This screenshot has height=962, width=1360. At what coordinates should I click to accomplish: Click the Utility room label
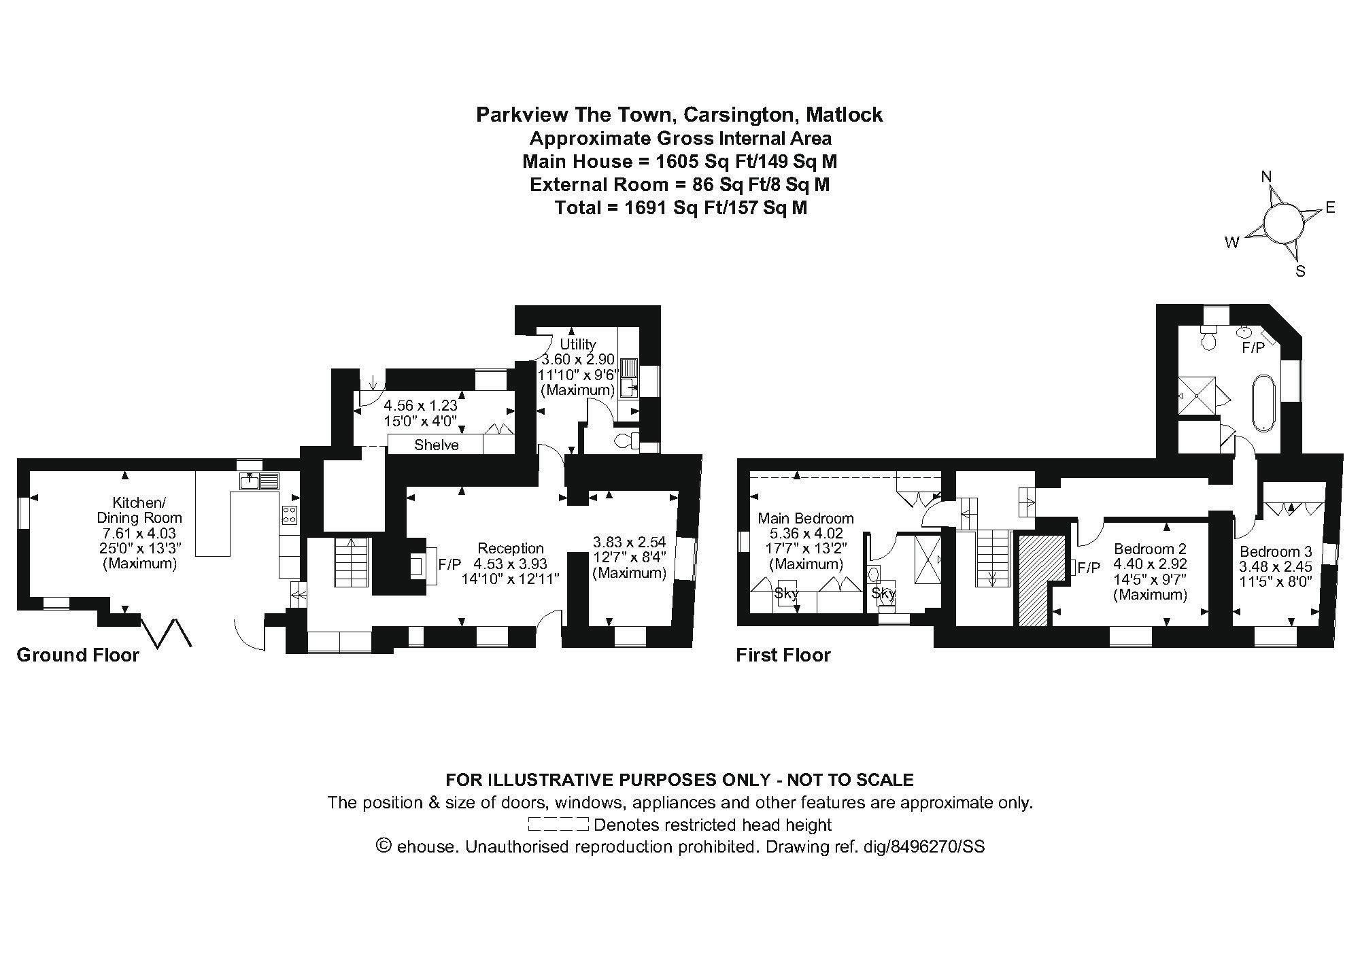pyautogui.click(x=577, y=344)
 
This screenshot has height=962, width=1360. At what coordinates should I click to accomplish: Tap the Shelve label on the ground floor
pyautogui.click(x=437, y=445)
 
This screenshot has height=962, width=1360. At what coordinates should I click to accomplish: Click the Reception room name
pyautogui.click(x=510, y=548)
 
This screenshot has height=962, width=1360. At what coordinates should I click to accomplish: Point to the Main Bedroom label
pyautogui.click(x=806, y=519)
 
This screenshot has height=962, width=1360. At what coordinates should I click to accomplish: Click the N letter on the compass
pyautogui.click(x=1266, y=177)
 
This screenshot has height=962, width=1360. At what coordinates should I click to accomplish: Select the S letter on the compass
pyautogui.click(x=1300, y=271)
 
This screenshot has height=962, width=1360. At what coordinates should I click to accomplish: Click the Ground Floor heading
pyautogui.click(x=78, y=655)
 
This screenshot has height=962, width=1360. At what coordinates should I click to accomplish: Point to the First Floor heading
pyautogui.click(x=783, y=655)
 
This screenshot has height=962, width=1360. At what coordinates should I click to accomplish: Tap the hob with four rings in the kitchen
pyautogui.click(x=289, y=515)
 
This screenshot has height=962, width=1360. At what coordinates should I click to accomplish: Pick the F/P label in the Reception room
pyautogui.click(x=449, y=564)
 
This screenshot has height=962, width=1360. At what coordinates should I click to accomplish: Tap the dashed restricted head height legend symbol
pyautogui.click(x=558, y=825)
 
